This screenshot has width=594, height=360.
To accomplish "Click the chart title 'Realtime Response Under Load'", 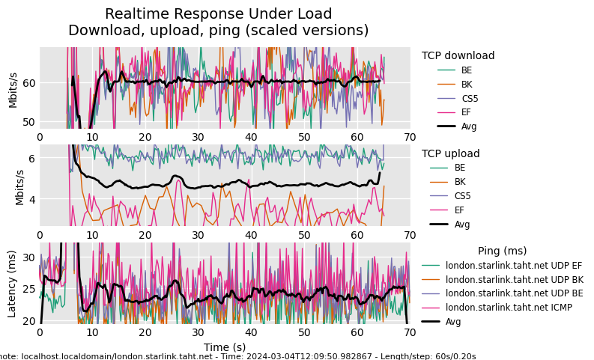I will [x=218, y=14].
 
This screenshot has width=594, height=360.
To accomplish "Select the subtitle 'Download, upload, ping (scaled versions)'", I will [x=218, y=31].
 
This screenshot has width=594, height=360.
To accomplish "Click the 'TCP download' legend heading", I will [x=458, y=55].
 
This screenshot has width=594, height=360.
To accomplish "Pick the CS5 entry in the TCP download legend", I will [x=470, y=98].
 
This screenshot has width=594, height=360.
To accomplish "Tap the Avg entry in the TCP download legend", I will [x=469, y=126].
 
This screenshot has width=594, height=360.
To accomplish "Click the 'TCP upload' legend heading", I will [x=450, y=153].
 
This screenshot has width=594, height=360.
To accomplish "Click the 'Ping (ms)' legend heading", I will [x=502, y=251].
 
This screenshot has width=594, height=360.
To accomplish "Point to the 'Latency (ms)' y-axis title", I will [x=13, y=284].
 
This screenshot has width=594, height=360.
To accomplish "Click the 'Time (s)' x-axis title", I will [x=225, y=347].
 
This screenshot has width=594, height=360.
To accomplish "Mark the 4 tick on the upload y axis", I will [x=31, y=200].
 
